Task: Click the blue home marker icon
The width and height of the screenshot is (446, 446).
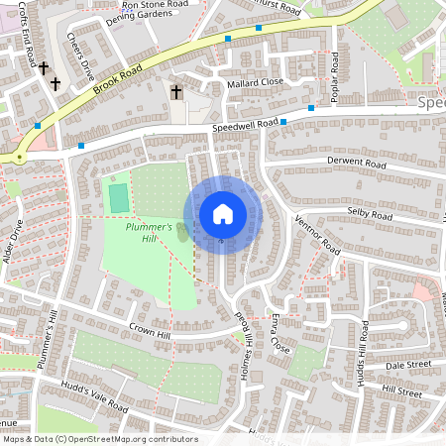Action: click(223, 214)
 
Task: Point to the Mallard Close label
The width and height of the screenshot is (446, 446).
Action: click(255, 81)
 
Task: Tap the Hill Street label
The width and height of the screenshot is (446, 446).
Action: click(401, 393)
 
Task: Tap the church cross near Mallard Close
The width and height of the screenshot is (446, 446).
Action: click(176, 92)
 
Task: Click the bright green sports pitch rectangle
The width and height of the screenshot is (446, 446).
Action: click(118, 197)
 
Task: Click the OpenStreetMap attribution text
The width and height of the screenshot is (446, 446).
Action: click(99, 439)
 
